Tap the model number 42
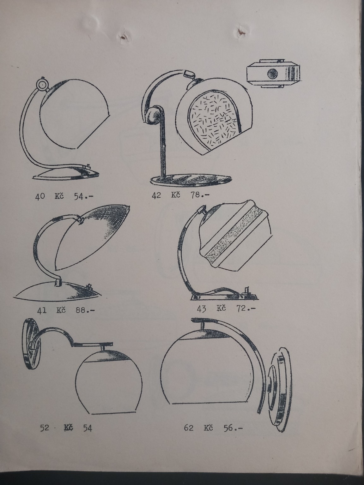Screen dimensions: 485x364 [156, 196]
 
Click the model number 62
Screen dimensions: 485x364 [189, 428]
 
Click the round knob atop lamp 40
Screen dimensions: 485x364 [41, 84]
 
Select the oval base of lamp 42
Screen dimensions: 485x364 [192, 181]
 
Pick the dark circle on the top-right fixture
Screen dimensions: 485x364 [272, 74]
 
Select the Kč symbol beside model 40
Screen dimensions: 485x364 [59, 196]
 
